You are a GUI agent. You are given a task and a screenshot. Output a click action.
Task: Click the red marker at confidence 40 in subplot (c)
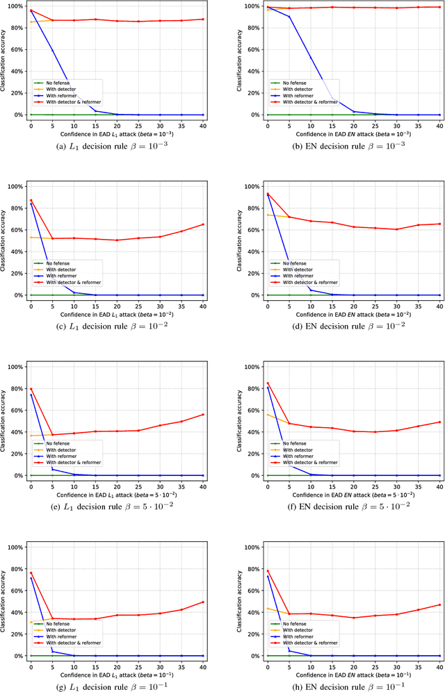[x=203, y=224]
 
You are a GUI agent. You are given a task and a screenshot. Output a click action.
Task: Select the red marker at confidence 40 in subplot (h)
[x=439, y=604]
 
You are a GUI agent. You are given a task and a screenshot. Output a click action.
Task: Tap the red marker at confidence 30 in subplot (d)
[x=396, y=229]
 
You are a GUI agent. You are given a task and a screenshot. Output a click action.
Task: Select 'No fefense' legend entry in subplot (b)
[x=297, y=83]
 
